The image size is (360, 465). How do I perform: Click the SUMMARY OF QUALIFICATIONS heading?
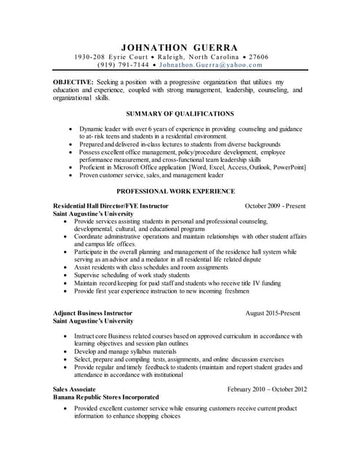coord(180,114)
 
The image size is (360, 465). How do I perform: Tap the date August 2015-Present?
coord(273,313)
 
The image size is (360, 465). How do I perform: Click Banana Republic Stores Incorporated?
coord(106,398)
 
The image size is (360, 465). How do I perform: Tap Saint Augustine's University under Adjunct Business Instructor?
coord(93,321)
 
